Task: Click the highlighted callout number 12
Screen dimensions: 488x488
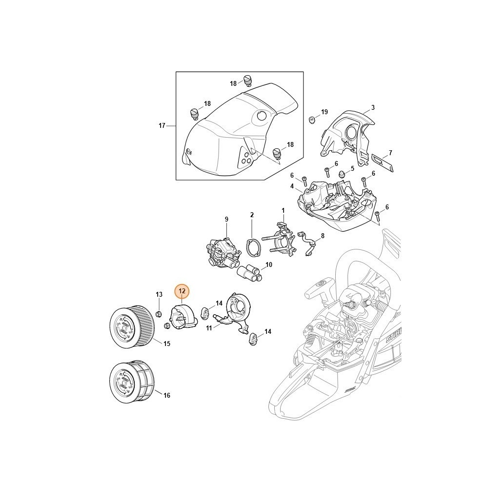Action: pos(182,291)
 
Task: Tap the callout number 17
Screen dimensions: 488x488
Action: pos(162,126)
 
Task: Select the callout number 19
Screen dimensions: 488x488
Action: pos(325,112)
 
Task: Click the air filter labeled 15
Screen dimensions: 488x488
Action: pos(132,328)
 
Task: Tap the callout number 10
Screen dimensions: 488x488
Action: pos(268,264)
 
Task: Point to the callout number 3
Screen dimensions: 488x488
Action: pos(373,107)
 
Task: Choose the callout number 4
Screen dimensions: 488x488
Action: pos(292,186)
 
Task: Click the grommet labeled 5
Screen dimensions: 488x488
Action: pos(342,174)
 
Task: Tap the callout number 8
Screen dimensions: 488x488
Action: pos(323,236)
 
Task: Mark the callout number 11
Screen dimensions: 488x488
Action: pos(209,328)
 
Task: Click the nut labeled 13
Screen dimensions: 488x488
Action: pos(159,313)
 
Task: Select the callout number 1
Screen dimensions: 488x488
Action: pos(283,211)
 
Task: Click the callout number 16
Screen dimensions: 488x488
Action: pos(167,395)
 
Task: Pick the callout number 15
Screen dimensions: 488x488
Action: pos(167,344)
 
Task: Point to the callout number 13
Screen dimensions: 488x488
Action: pos(159,294)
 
